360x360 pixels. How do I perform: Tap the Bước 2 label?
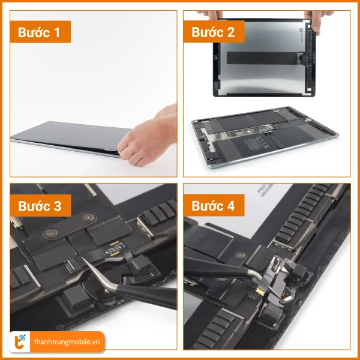click(214, 32)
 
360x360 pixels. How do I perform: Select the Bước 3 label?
click(40, 205)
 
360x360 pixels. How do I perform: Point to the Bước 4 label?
click(214, 205)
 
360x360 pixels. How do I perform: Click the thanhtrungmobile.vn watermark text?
click(67, 342)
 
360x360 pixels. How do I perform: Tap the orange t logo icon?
click(19, 342)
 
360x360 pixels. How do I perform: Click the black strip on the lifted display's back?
click(262, 58)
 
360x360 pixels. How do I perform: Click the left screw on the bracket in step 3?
click(51, 233)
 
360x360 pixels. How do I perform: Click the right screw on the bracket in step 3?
click(88, 216)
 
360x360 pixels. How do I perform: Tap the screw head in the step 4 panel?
click(240, 254)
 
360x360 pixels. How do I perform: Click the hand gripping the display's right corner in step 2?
click(317, 20)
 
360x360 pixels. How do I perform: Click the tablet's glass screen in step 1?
click(69, 135)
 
